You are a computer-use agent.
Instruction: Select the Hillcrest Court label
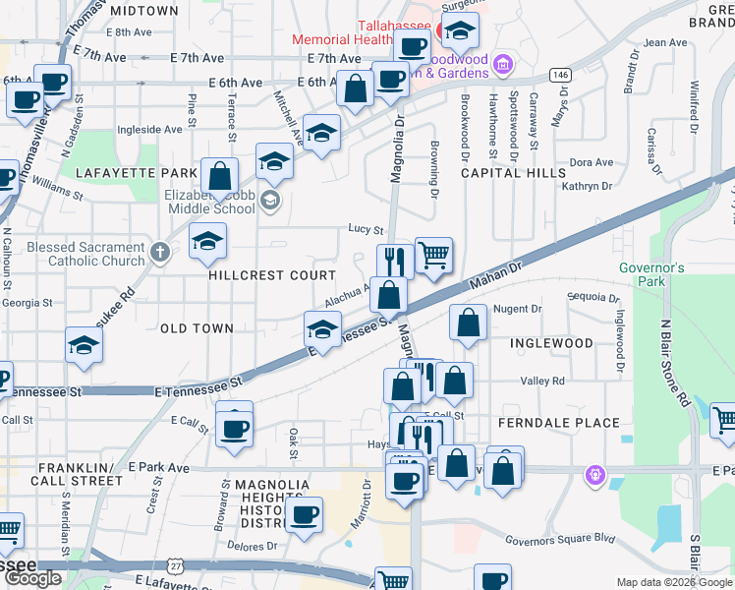click(x=272, y=275)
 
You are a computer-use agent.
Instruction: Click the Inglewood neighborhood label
click(x=551, y=343)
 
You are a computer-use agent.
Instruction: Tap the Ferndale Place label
click(x=559, y=423)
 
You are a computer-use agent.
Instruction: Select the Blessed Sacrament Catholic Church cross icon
click(x=160, y=253)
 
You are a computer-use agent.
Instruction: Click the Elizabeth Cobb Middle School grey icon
click(x=272, y=203)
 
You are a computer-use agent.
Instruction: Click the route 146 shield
click(x=560, y=75)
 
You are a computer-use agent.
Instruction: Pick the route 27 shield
click(x=175, y=567)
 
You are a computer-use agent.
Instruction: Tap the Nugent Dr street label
click(x=517, y=309)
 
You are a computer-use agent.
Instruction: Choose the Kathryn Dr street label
click(x=587, y=186)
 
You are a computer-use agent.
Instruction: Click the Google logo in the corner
click(x=33, y=578)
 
